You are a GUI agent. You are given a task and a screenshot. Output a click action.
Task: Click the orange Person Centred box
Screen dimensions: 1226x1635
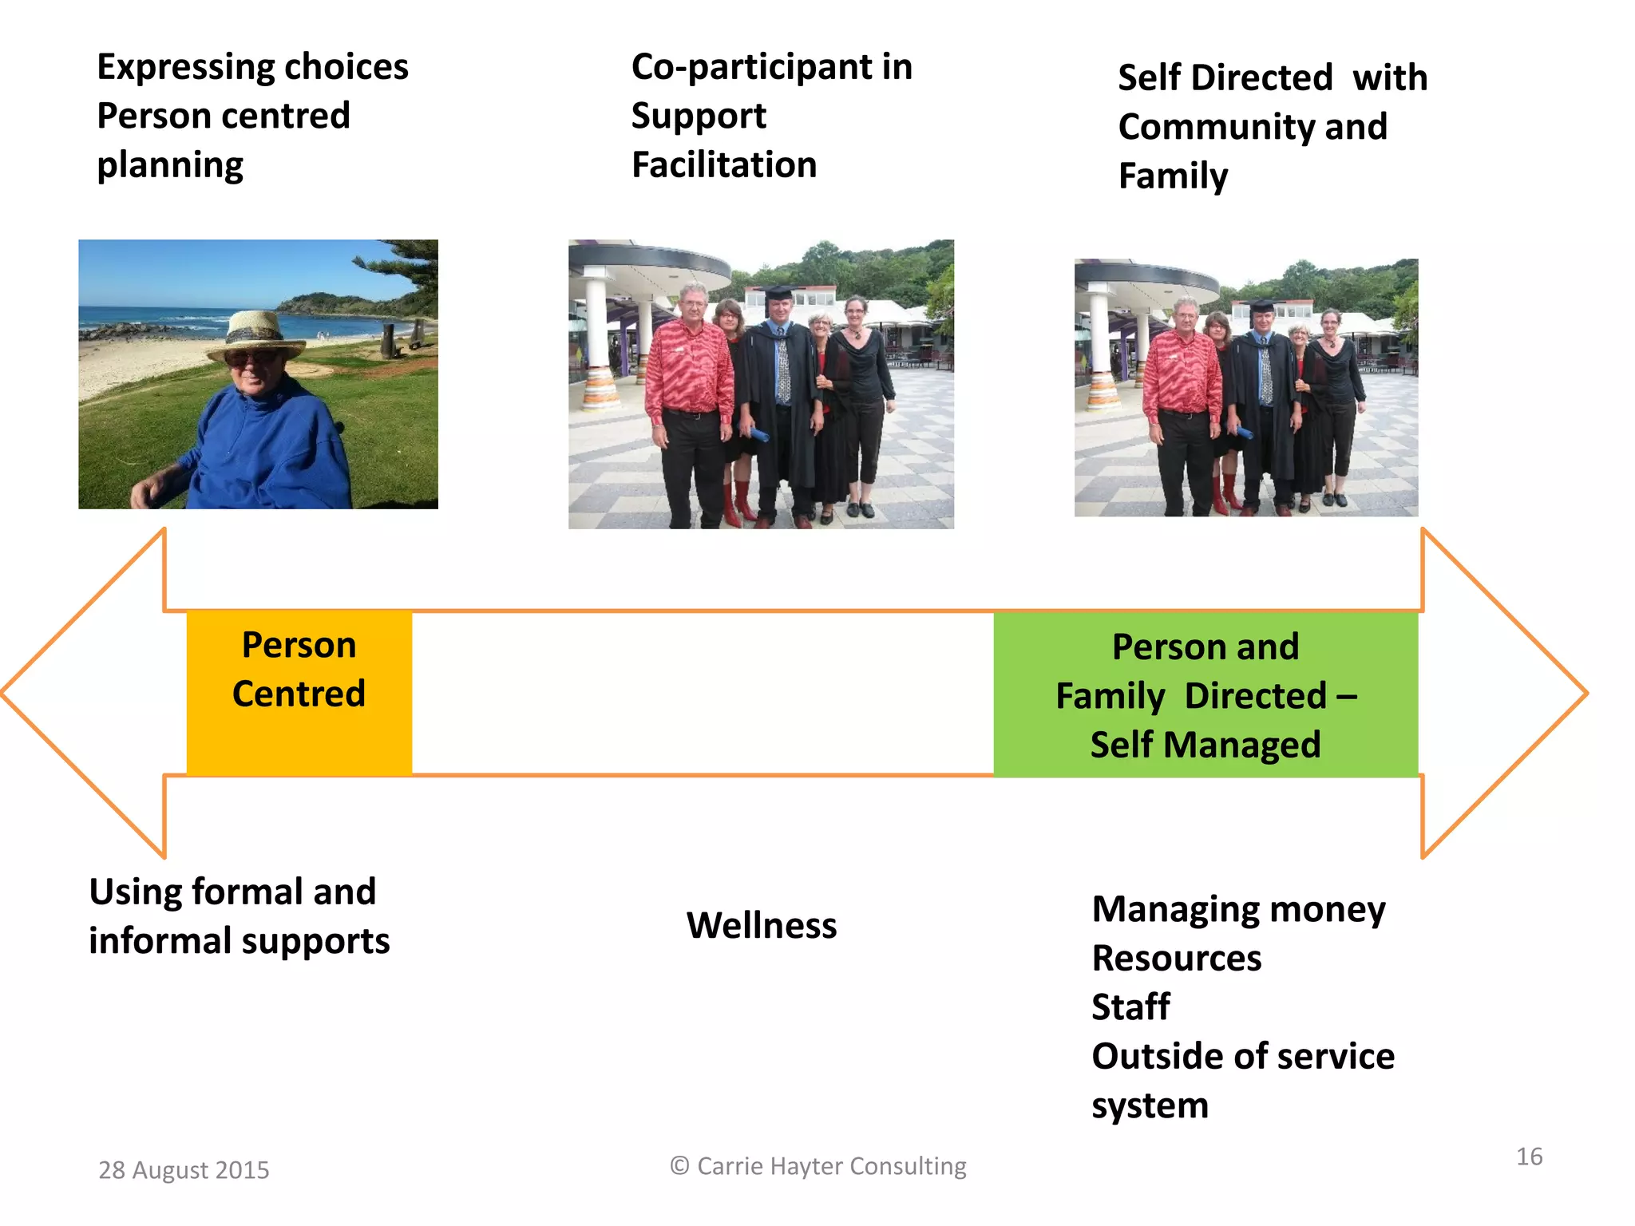[x=299, y=692]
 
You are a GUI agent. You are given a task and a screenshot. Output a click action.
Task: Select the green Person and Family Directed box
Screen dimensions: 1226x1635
[x=1205, y=694]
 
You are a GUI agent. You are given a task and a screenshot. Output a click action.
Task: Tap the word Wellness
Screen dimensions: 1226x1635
[x=762, y=925]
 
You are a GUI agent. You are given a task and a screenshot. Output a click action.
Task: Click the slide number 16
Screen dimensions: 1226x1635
[x=1529, y=1157]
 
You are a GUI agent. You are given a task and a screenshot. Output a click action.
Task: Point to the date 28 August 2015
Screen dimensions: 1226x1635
[x=184, y=1170]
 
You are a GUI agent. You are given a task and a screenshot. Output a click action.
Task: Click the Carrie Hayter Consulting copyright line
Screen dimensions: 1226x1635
[x=818, y=1166]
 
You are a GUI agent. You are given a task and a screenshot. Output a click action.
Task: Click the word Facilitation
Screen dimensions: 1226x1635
[x=724, y=165]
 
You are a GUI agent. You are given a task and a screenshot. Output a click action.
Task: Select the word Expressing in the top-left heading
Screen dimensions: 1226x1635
[x=185, y=68]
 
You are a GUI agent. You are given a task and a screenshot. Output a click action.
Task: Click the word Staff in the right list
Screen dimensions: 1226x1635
[x=1130, y=1007]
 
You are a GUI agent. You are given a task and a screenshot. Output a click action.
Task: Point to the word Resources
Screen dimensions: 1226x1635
[x=1177, y=958]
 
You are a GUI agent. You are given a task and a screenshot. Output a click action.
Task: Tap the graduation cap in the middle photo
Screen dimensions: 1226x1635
[x=778, y=293]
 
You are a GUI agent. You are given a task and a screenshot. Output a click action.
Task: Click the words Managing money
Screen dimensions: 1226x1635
[x=1238, y=909]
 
